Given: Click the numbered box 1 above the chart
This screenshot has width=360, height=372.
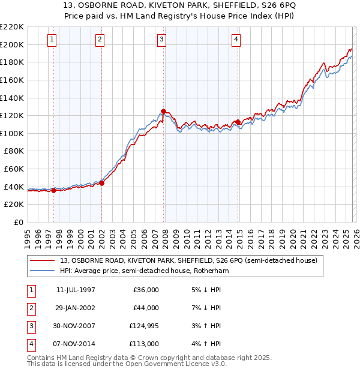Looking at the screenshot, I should (52, 40).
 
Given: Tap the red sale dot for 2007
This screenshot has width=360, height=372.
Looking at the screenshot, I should (163, 111).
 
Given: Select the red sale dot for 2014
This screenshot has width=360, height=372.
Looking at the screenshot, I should (238, 122).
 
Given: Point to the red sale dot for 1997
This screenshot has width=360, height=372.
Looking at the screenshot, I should (54, 190).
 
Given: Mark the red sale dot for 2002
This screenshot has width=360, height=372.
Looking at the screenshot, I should (102, 183).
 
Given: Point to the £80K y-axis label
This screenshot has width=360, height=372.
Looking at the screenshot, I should (14, 151).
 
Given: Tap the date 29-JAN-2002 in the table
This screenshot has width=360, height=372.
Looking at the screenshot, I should (76, 308).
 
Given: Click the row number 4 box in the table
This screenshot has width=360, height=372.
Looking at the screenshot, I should (31, 344).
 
